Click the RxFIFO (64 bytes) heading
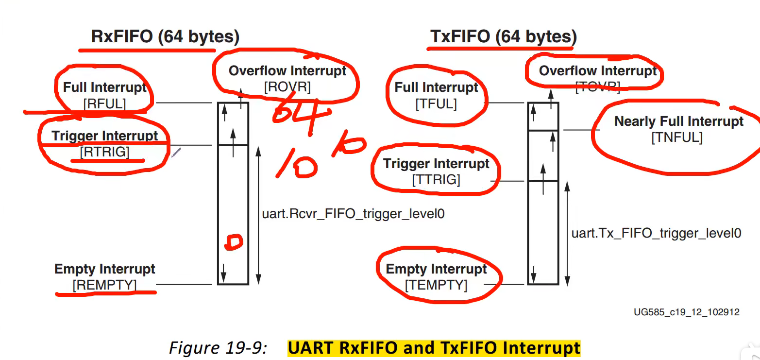coord(165,36)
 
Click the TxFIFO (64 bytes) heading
coord(503,36)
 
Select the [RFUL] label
coord(104,103)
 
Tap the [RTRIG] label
coord(105,152)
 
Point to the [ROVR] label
coord(287,87)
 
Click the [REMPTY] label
coord(105,285)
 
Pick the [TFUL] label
coord(436,103)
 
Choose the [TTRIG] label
coord(436,180)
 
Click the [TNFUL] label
coord(676,137)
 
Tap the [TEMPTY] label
coord(436,285)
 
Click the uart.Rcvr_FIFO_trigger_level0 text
coord(354,213)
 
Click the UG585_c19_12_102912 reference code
coord(686,312)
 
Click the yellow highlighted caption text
coord(434,348)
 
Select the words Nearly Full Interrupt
coord(679,121)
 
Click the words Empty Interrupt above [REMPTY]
coord(105,269)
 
